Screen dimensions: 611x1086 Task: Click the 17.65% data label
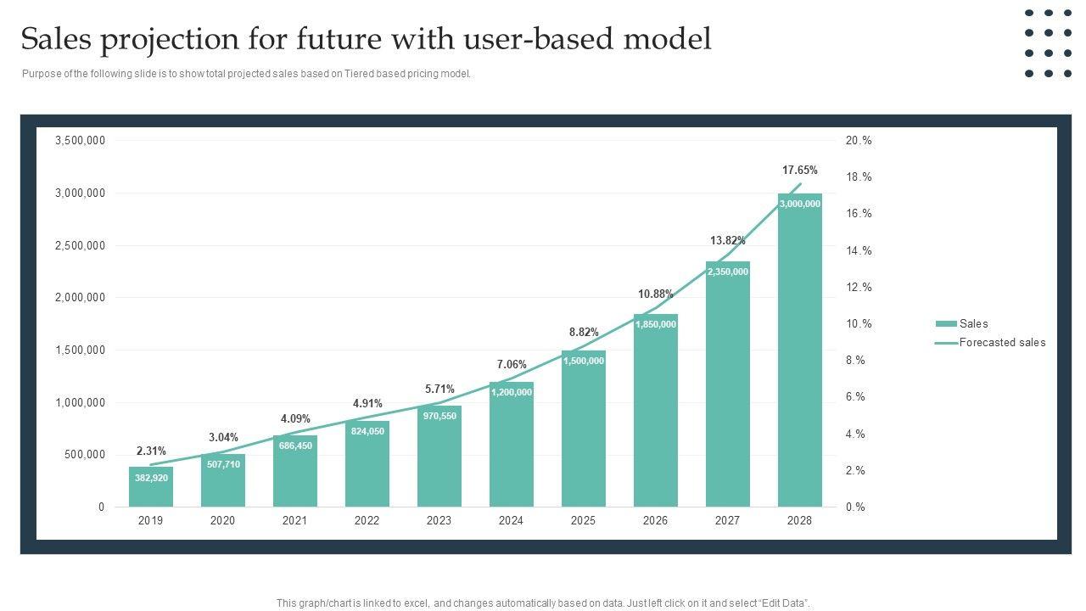click(799, 171)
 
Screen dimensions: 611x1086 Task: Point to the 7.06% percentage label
click(512, 365)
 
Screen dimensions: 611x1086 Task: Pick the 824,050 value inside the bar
click(367, 431)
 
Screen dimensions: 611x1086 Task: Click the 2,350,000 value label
click(727, 272)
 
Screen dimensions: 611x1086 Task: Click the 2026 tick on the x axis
click(655, 521)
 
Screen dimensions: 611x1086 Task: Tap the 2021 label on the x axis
click(294, 521)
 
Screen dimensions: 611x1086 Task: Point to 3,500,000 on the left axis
click(80, 141)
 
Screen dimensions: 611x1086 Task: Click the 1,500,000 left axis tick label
click(80, 350)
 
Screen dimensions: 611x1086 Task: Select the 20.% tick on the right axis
click(858, 141)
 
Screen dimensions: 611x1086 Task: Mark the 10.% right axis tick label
click(858, 324)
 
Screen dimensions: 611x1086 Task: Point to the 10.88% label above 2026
click(655, 294)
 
